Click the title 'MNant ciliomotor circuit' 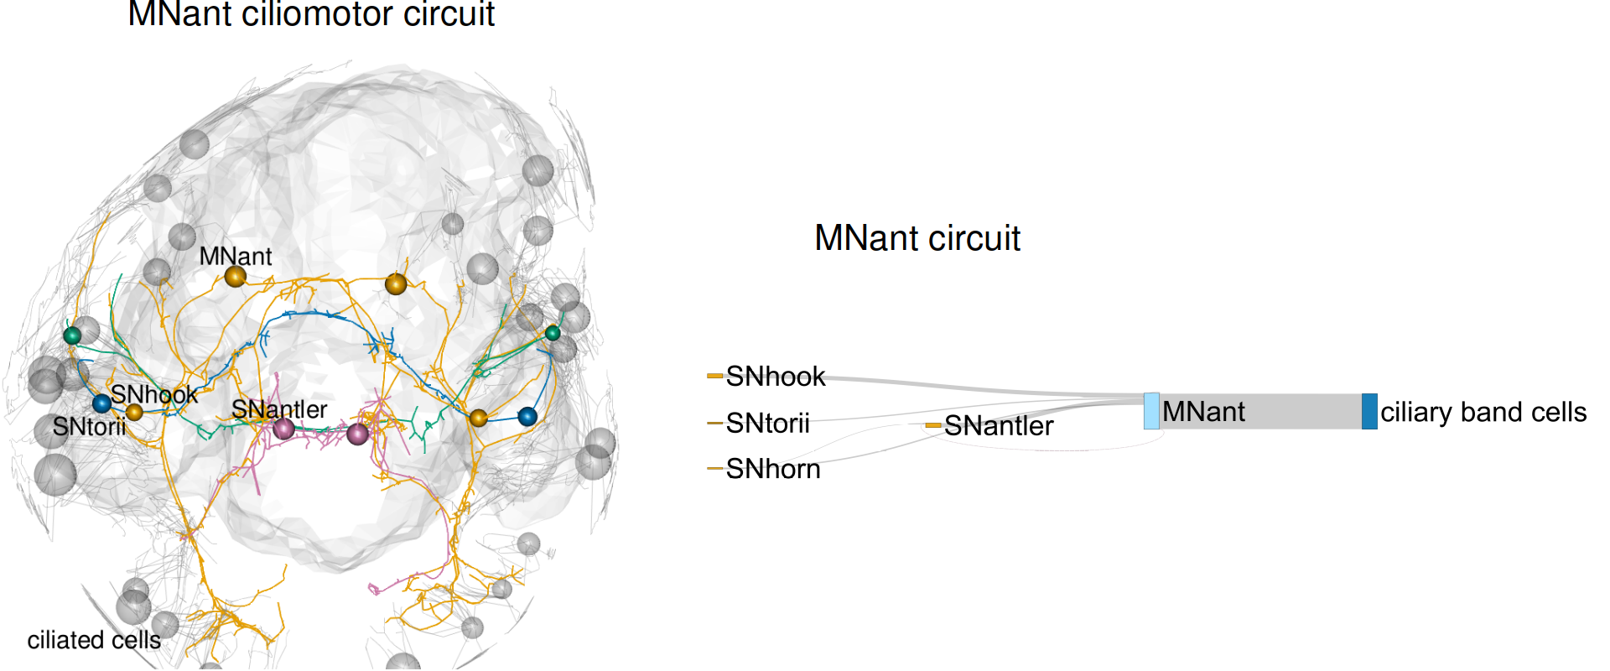tap(311, 14)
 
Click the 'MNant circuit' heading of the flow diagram tap(917, 238)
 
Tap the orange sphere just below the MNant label tap(235, 276)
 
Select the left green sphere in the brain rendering tap(72, 335)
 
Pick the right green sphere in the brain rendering tap(553, 333)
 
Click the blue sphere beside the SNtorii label tap(101, 403)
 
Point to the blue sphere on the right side tap(527, 416)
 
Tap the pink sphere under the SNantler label tap(284, 429)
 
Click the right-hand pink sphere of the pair tap(358, 434)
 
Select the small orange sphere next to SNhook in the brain tap(134, 412)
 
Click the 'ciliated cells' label tap(94, 640)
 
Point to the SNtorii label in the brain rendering tap(89, 427)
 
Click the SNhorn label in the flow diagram tap(773, 469)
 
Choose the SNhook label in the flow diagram tap(776, 377)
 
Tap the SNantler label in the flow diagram tap(999, 426)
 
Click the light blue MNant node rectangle tap(1152, 411)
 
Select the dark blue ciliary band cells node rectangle tap(1369, 411)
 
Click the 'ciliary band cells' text tap(1483, 412)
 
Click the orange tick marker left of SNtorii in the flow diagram tap(714, 423)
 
